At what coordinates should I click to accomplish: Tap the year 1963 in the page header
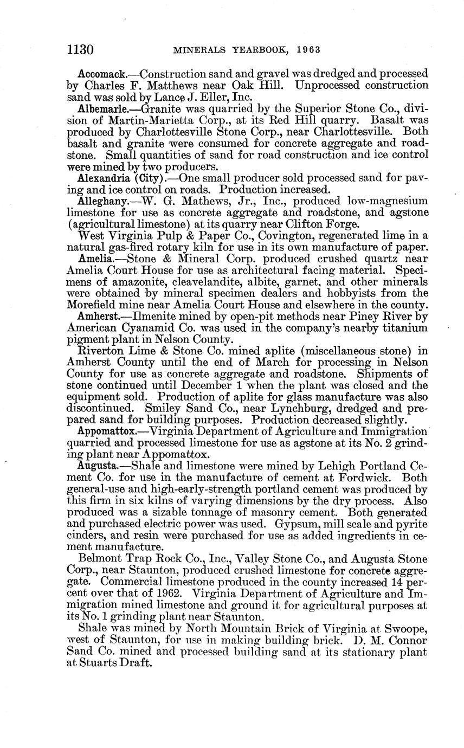[x=309, y=50]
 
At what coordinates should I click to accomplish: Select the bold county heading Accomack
[x=101, y=73]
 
